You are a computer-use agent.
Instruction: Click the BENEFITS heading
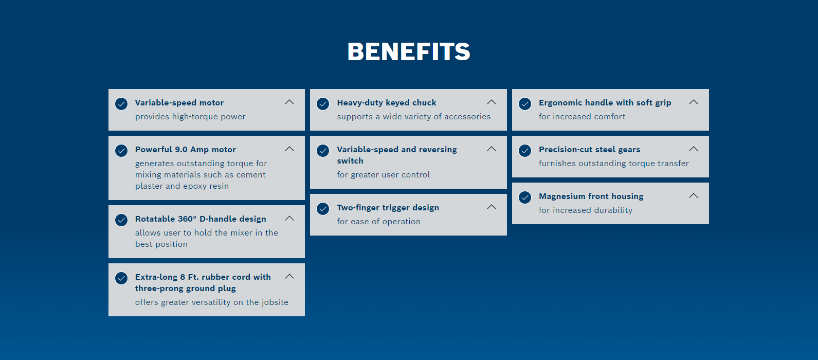[x=409, y=51]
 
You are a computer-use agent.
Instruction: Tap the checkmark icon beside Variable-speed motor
[x=121, y=104]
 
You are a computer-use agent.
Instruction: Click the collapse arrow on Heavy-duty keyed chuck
[x=492, y=102]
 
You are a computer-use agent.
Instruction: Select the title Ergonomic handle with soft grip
[x=605, y=102]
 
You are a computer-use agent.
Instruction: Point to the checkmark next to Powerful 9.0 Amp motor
[x=121, y=150]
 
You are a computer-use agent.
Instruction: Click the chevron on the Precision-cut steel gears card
[x=694, y=149]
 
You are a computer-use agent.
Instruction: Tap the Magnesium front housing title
[x=591, y=196]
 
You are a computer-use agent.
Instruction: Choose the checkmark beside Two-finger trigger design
[x=323, y=208]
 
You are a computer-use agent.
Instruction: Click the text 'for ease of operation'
[x=379, y=221]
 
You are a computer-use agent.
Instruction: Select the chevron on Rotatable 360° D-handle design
[x=289, y=219]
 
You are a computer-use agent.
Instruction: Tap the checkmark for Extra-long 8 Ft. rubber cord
[x=121, y=278]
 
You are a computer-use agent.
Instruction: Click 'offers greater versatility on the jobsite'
[x=212, y=302]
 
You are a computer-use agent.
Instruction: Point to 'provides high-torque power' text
[x=190, y=116]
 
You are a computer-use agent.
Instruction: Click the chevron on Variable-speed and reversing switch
[x=492, y=149]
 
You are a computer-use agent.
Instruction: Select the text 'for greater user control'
[x=384, y=174]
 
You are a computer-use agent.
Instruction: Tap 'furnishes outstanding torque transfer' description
[x=614, y=163]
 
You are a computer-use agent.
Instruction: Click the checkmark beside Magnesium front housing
[x=525, y=197]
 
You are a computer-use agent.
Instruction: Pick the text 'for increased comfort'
[x=582, y=116]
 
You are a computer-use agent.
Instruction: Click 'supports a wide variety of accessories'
[x=414, y=116]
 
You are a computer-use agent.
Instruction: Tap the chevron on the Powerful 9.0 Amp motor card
[x=289, y=149]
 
